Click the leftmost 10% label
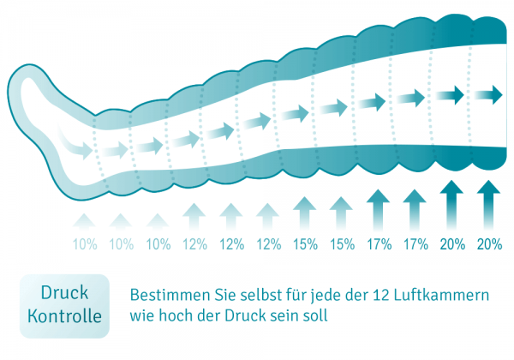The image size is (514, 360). pyautogui.click(x=85, y=244)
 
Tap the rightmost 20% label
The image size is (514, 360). pyautogui.click(x=489, y=244)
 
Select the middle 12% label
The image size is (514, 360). pyautogui.click(x=231, y=244)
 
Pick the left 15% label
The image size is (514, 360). pyautogui.click(x=305, y=244)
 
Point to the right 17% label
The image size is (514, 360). pyautogui.click(x=415, y=244)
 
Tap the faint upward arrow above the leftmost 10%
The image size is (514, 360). pyautogui.click(x=85, y=221)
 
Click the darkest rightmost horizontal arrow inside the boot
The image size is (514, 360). pyautogui.click(x=490, y=93)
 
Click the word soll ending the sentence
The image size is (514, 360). pyautogui.click(x=314, y=315)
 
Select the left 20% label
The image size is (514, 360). pyautogui.click(x=452, y=244)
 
